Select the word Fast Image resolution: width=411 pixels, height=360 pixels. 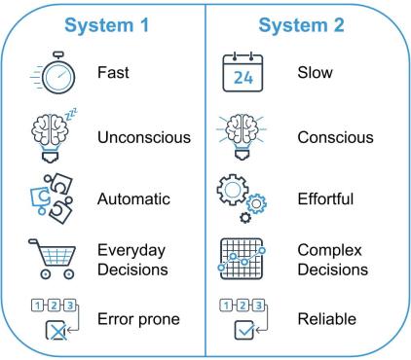(x=114, y=73)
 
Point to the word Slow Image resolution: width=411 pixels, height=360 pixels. (x=314, y=73)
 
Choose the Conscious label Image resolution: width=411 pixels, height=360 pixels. (x=330, y=136)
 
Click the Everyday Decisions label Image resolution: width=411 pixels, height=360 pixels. (x=131, y=258)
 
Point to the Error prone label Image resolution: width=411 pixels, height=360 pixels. (x=138, y=318)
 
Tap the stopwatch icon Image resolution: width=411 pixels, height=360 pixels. (x=48, y=73)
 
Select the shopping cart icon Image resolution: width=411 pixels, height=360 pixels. (x=47, y=257)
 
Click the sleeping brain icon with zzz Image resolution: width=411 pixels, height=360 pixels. (x=47, y=134)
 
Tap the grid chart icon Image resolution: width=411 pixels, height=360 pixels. (x=242, y=258)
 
